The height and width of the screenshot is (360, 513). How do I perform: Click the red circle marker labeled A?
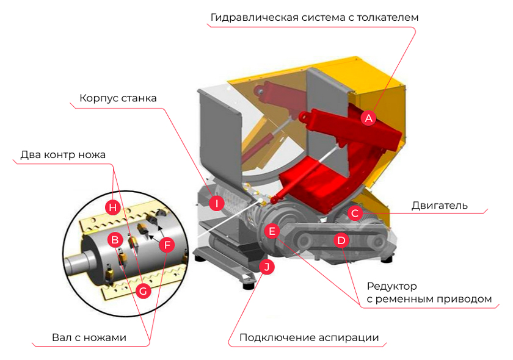368,118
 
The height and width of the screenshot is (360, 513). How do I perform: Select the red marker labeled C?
355,213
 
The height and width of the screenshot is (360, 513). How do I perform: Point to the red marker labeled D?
341,240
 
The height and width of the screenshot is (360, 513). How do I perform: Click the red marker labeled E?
272,231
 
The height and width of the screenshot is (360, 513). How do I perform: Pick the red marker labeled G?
144,291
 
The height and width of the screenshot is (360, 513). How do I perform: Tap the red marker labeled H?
112,207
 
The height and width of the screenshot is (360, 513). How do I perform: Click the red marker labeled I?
216,203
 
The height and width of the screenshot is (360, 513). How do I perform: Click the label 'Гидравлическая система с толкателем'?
315,17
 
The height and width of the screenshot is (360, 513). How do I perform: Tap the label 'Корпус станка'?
118,98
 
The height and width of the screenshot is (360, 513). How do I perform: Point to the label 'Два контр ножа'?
63,154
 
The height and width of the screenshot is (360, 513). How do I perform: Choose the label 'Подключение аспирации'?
309,337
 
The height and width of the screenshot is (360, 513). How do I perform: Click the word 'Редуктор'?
391,286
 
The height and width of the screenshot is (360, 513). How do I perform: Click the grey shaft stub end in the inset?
75,267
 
